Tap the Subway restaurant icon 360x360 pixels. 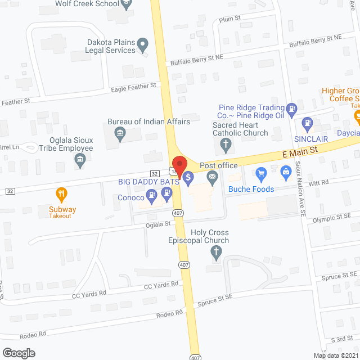coord(62,195)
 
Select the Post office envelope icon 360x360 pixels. coord(213,179)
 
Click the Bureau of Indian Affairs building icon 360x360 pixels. coord(120,134)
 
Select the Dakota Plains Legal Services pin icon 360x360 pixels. coord(143,43)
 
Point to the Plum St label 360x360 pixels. coord(230,19)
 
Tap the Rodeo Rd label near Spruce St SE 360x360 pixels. coord(171,313)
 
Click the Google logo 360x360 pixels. coord(19,353)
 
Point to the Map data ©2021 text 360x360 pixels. coord(335,355)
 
